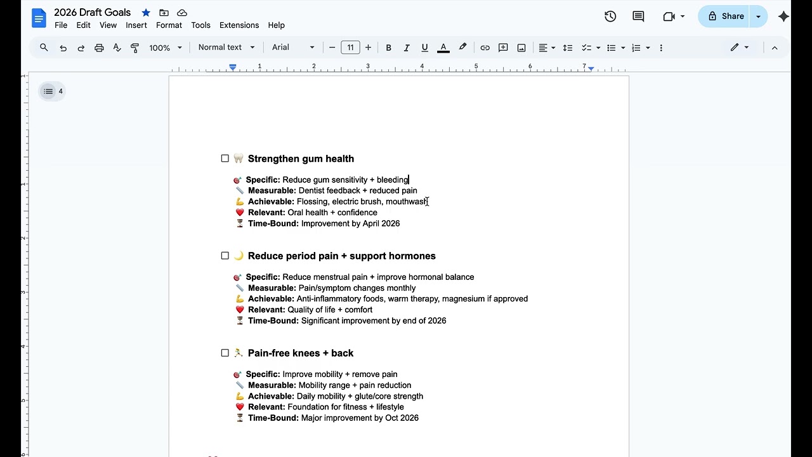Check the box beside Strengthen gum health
tap(225, 159)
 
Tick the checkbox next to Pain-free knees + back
tap(225, 353)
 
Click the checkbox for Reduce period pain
tap(225, 256)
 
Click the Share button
tap(726, 17)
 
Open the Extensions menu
tap(239, 25)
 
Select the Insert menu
tap(136, 25)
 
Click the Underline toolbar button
tap(424, 48)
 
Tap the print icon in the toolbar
tap(99, 48)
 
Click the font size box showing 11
tap(350, 48)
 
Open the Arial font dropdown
tap(293, 48)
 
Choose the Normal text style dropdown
tap(226, 48)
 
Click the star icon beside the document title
tap(146, 13)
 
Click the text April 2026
tap(381, 223)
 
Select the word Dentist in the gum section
tap(311, 190)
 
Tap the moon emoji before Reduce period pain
tap(239, 256)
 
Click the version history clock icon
tap(610, 17)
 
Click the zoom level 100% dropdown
tap(165, 48)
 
